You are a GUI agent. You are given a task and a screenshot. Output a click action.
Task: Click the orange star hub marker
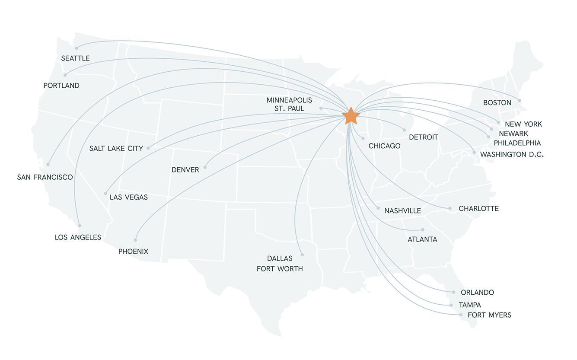pyautogui.click(x=351, y=116)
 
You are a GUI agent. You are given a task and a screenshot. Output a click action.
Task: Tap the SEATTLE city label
pyautogui.click(x=75, y=58)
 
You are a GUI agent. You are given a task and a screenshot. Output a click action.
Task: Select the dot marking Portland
pyautogui.click(x=65, y=75)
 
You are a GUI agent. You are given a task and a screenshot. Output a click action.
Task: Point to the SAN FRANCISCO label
pyautogui.click(x=45, y=177)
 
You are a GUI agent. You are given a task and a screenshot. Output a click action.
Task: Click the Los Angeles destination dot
pyautogui.click(x=80, y=225)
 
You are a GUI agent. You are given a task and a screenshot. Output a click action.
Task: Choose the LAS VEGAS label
pyautogui.click(x=129, y=198)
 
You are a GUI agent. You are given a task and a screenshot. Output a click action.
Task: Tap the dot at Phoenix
pyautogui.click(x=135, y=240)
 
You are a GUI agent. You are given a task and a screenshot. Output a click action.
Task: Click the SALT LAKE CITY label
pyautogui.click(x=116, y=149)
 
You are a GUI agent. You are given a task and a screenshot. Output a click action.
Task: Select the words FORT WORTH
pyautogui.click(x=280, y=269)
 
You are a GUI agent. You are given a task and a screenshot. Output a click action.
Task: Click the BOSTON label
pyautogui.click(x=497, y=103)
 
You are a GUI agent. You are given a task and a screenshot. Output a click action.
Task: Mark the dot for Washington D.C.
pyautogui.click(x=474, y=153)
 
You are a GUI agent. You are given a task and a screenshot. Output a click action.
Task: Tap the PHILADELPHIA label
pyautogui.click(x=517, y=143)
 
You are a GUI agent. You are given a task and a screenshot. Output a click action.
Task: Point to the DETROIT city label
pyautogui.click(x=424, y=137)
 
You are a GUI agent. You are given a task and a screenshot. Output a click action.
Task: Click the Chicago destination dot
pyautogui.click(x=363, y=139)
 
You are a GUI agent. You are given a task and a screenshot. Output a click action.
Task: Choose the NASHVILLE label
pyautogui.click(x=402, y=211)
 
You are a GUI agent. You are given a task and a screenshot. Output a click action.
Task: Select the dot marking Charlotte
pyautogui.click(x=449, y=208)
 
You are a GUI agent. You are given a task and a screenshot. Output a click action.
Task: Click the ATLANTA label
pyautogui.click(x=422, y=239)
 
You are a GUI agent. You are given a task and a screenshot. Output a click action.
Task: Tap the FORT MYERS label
pyautogui.click(x=489, y=315)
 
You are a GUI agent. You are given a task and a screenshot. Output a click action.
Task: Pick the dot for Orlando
pyautogui.click(x=453, y=292)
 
